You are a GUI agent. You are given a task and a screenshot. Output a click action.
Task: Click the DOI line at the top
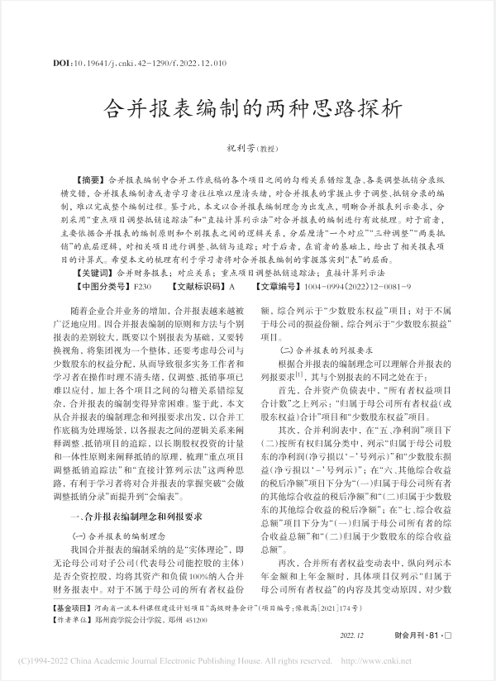click(140, 62)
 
